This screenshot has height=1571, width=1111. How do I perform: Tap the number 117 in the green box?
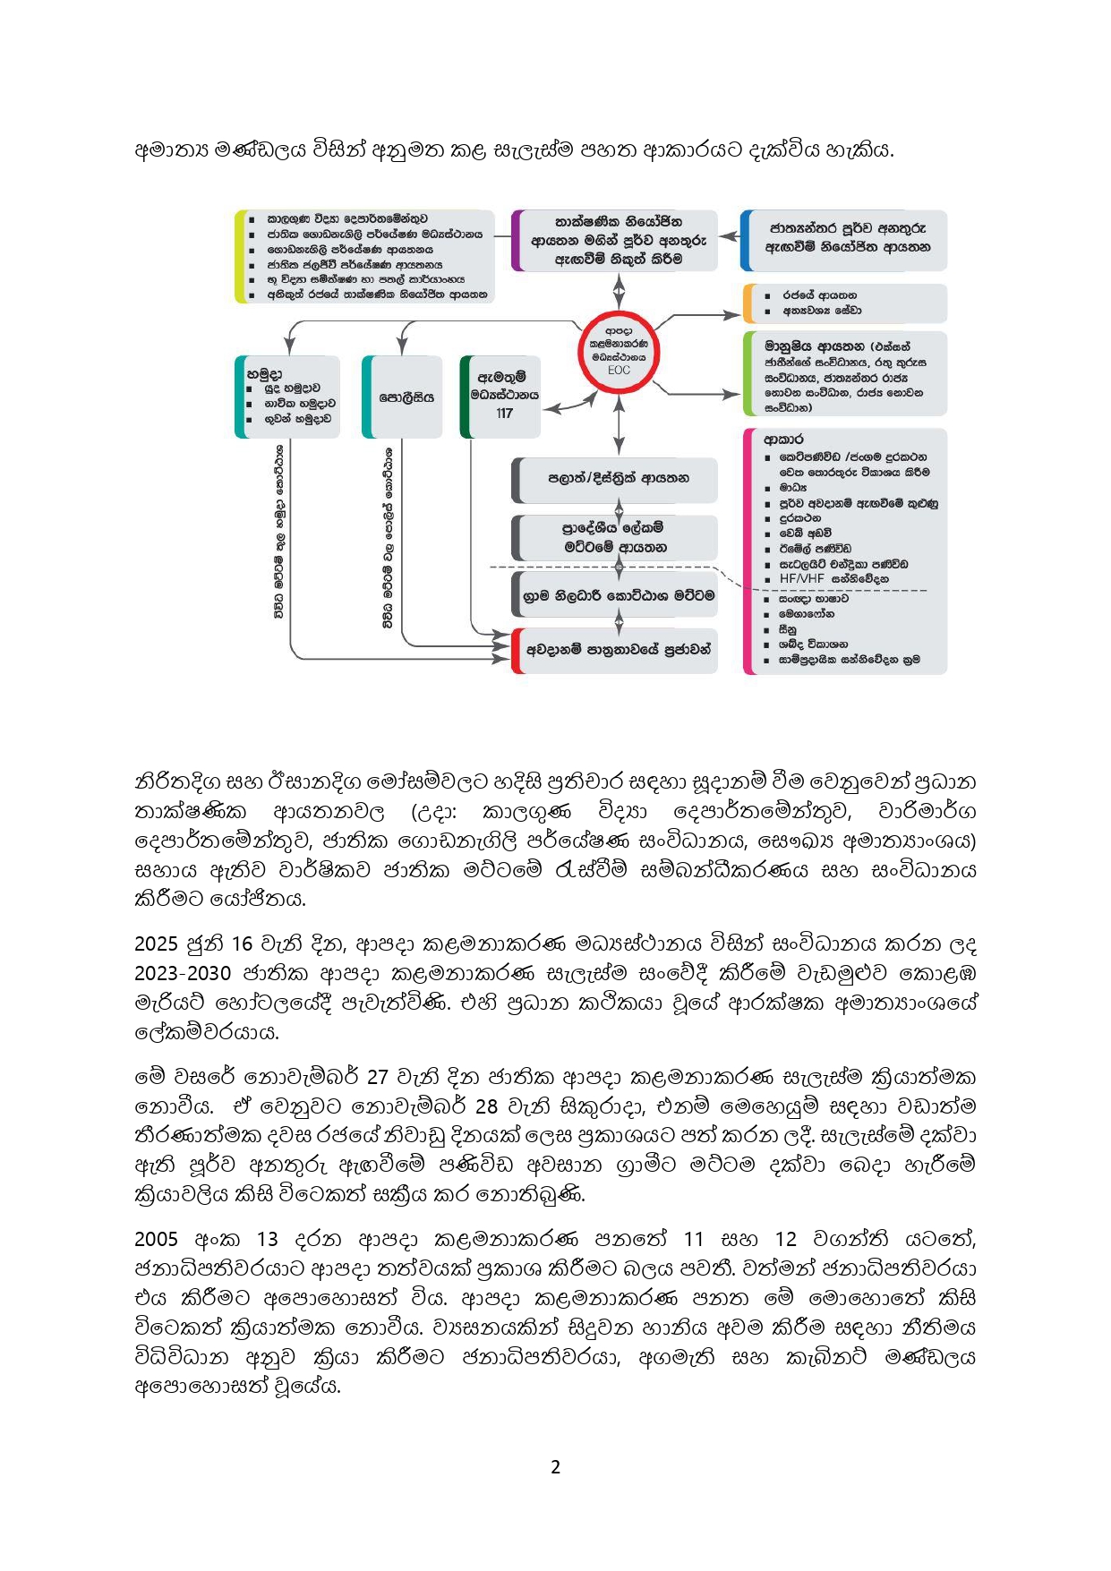[x=504, y=414]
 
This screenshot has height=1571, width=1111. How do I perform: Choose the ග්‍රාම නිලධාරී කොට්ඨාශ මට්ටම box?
[x=618, y=594]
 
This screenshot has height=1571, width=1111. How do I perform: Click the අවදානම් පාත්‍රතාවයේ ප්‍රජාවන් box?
[x=618, y=650]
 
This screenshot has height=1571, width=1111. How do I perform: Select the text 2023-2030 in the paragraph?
[x=183, y=973]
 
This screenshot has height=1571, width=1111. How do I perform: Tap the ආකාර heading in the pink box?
[x=783, y=440]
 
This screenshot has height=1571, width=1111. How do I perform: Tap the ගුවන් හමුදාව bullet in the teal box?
[x=297, y=418]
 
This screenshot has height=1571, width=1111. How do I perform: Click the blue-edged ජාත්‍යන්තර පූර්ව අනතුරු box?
[x=847, y=238]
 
